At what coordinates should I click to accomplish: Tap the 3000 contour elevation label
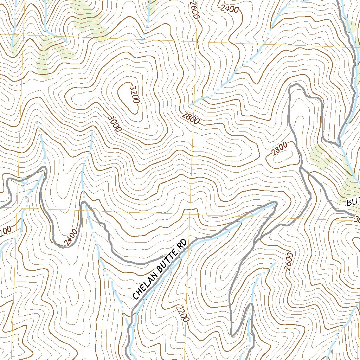(114, 124)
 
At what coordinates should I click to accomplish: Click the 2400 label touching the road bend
(70, 238)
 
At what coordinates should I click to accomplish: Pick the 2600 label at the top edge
(194, 10)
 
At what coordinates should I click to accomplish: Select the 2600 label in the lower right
(289, 261)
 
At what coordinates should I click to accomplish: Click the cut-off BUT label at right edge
(353, 202)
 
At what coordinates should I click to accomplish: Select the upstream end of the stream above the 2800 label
(190, 105)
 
